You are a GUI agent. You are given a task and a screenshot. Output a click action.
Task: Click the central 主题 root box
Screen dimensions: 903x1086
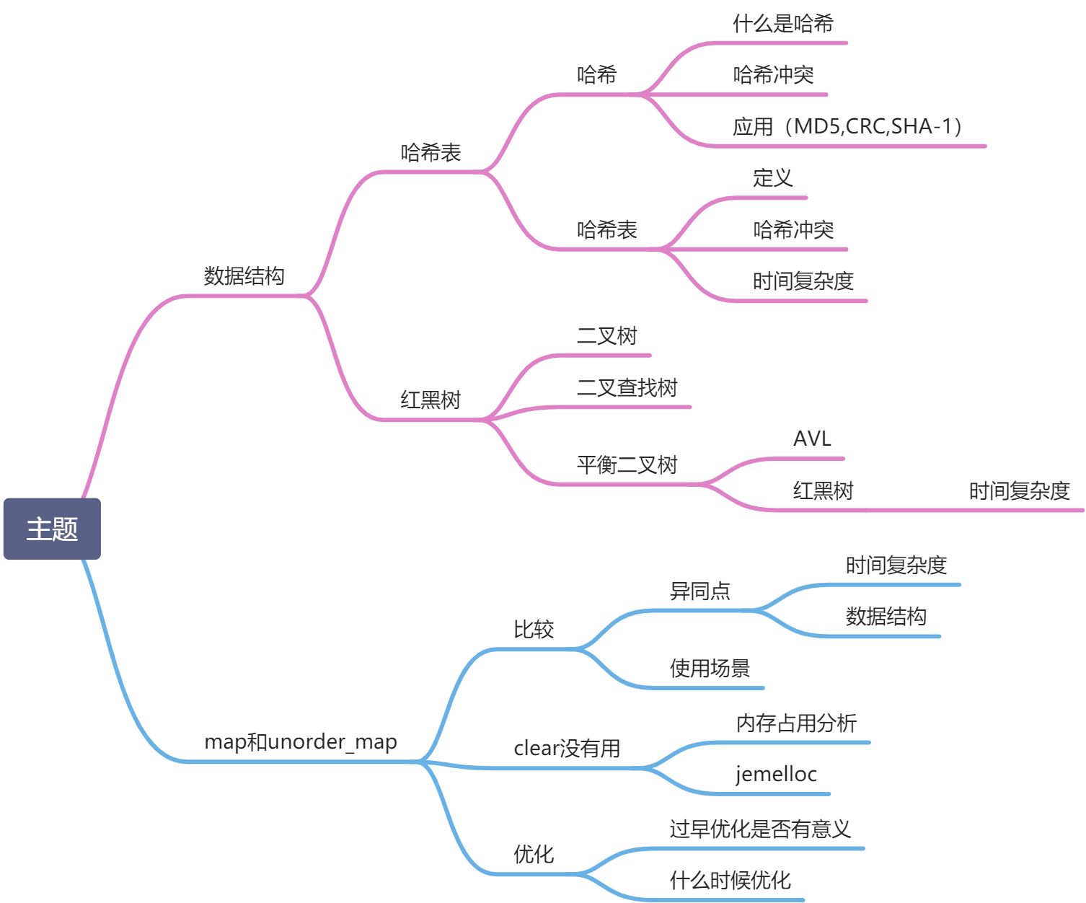[52, 529]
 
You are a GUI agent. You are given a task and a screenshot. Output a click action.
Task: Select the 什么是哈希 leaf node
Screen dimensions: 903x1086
[783, 24]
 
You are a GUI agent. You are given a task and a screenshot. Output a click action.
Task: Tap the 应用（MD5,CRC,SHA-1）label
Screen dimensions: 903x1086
[848, 127]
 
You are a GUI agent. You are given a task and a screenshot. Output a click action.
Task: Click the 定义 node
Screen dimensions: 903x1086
[773, 178]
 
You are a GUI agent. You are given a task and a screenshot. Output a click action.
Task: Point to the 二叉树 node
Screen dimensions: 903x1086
[606, 336]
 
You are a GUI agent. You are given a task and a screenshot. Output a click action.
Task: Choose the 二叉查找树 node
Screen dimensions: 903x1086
[627, 388]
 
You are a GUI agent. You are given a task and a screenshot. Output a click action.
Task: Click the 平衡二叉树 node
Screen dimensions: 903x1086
[627, 465]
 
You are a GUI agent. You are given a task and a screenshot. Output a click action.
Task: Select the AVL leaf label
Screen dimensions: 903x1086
[812, 439]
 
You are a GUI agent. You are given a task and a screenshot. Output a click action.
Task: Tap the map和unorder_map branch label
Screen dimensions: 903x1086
[301, 742]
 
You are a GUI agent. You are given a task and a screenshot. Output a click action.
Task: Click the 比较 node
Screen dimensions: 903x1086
[534, 630]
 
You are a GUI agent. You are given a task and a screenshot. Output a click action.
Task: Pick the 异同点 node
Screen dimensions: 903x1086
[699, 591]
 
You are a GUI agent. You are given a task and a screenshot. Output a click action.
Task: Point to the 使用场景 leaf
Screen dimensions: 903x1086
[710, 669]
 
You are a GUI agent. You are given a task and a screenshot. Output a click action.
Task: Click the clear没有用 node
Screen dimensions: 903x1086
[567, 749]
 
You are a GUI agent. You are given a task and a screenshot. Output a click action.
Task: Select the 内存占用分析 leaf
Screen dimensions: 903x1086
[796, 723]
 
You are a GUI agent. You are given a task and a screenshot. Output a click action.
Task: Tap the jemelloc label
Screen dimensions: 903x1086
[776, 775]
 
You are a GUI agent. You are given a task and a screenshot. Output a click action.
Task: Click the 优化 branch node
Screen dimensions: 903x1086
[534, 855]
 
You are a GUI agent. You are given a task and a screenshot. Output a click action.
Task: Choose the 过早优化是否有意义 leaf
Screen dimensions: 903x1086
[760, 829]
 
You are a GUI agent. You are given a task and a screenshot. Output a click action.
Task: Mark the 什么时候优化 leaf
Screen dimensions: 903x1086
[730, 881]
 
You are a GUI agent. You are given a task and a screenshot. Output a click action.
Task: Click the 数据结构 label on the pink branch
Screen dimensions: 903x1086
[244, 276]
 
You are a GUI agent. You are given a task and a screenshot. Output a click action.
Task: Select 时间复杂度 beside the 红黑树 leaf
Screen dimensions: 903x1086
[1019, 491]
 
